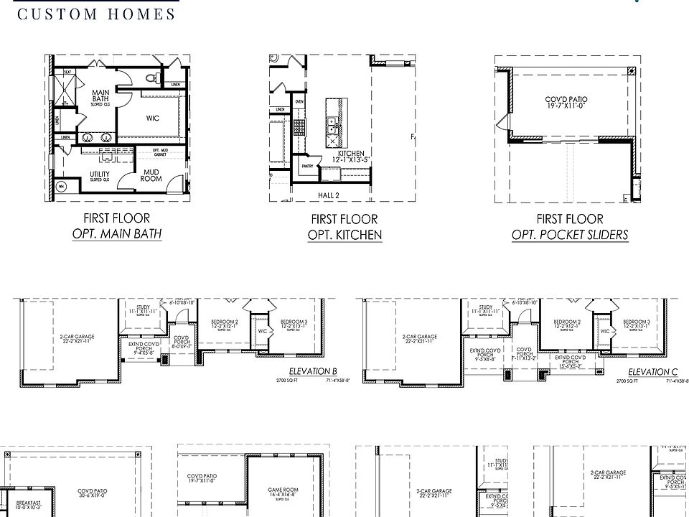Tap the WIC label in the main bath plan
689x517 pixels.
(x=152, y=118)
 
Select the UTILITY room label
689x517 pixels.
(x=99, y=177)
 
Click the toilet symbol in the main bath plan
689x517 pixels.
(x=150, y=77)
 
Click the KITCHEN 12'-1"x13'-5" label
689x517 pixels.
(x=351, y=157)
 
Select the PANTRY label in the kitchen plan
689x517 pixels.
(x=308, y=165)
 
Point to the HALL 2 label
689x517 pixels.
(x=328, y=195)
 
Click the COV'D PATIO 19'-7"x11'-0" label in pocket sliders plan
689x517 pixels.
(x=566, y=103)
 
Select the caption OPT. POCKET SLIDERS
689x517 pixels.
(x=570, y=235)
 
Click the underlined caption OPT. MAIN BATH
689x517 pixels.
(x=116, y=234)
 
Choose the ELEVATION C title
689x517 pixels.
(x=652, y=371)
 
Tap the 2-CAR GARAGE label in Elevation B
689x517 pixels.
(x=77, y=338)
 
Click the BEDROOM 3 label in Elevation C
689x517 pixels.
(x=636, y=324)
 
